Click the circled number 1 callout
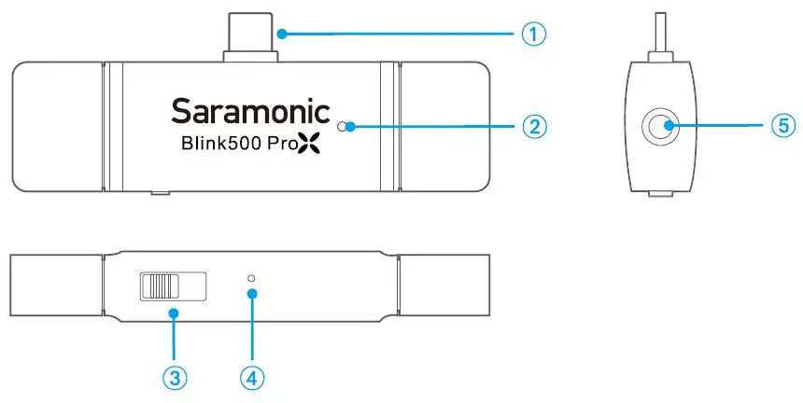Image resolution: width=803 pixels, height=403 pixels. point(532,35)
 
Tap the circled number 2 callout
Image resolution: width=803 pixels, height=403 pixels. point(532,125)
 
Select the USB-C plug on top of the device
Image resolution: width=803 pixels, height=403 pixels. point(249,35)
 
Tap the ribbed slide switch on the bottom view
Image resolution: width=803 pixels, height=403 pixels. point(162,285)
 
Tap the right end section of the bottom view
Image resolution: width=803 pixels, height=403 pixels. point(444,284)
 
